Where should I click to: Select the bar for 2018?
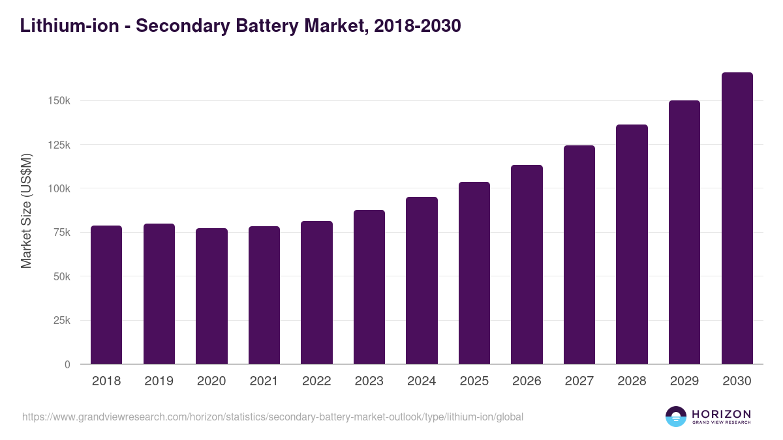pos(106,295)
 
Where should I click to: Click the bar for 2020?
pos(211,296)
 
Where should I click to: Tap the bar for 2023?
pos(369,287)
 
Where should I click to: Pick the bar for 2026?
pos(527,264)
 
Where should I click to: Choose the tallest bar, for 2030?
pos(737,218)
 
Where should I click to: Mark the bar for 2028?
pos(632,244)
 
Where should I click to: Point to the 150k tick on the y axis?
pos(59,101)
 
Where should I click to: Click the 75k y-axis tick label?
pos(61,233)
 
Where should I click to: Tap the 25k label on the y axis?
pos(61,321)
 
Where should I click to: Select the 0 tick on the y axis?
pos(67,364)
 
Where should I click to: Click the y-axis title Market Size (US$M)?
pos(26,211)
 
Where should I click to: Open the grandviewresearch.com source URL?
pos(272,417)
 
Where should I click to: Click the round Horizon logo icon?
pos(676,417)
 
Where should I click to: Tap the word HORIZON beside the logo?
pos(721,414)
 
